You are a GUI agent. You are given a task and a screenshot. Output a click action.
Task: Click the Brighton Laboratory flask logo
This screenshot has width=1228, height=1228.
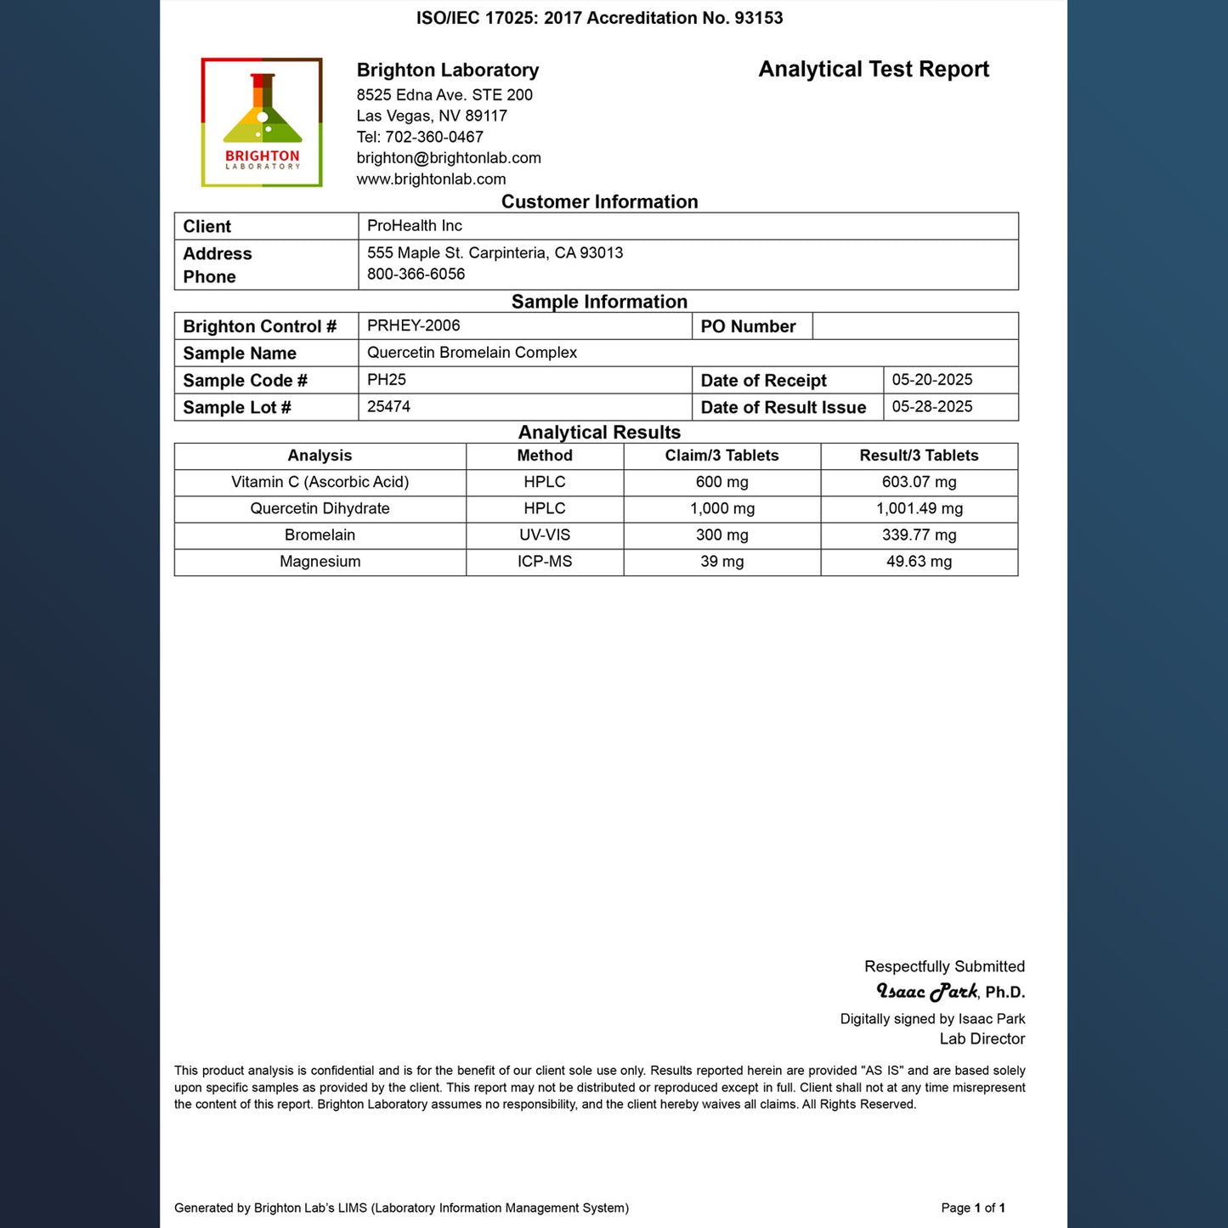[x=262, y=122]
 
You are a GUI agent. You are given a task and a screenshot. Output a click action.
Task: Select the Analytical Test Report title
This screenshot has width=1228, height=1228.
[x=874, y=70]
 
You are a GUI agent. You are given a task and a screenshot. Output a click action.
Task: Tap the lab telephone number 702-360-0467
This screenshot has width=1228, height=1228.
[x=434, y=137]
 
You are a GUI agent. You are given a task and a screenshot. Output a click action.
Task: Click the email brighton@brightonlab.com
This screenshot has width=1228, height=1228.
[x=449, y=158]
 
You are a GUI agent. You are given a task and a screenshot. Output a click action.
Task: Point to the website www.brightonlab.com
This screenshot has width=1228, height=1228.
[x=431, y=179]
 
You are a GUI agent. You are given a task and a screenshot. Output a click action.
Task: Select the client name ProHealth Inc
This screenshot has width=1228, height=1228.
[x=415, y=226]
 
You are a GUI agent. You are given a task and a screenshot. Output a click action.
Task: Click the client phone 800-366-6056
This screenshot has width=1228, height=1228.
[x=416, y=274]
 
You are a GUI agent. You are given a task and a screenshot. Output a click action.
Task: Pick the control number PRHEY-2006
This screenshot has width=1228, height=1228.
[x=414, y=325]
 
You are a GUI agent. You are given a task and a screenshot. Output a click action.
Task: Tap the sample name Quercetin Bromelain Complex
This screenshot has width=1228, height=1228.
[x=472, y=353]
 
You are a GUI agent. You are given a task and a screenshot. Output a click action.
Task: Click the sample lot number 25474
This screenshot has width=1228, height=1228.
[x=389, y=407]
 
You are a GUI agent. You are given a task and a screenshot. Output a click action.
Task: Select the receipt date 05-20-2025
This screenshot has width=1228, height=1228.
[x=932, y=380]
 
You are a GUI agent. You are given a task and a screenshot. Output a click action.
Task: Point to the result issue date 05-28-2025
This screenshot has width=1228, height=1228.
[x=932, y=407]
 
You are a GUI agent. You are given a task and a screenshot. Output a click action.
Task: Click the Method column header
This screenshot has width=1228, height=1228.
[x=545, y=456]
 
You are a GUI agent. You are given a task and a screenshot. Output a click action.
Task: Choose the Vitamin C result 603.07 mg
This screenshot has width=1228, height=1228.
[x=919, y=482]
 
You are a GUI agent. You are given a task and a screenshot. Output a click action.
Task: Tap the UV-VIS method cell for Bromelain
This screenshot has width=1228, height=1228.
[x=545, y=535]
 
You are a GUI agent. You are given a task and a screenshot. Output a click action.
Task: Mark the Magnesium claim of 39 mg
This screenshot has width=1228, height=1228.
[x=722, y=562]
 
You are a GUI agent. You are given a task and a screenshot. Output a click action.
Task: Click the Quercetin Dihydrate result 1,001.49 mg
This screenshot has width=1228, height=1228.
[x=919, y=509]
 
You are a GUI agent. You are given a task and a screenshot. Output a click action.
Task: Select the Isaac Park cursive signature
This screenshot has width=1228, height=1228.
[x=927, y=992]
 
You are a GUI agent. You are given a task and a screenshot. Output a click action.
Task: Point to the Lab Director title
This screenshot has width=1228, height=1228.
[x=982, y=1039]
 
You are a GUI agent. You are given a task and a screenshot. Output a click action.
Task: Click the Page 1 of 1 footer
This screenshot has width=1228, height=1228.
[x=973, y=1208]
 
